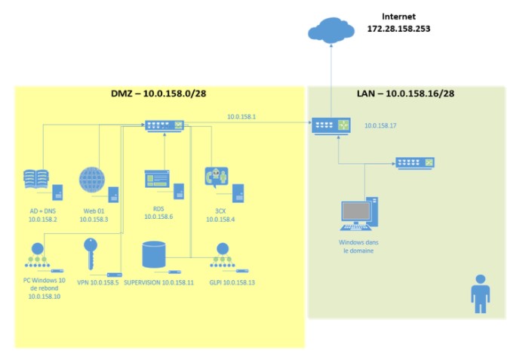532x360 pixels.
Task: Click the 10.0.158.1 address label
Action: tap(241, 117)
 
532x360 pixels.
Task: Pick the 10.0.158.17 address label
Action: tap(380, 126)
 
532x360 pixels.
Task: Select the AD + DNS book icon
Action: tap(36, 180)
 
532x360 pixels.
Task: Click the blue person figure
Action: tap(480, 294)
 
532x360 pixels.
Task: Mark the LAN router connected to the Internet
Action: tap(332, 127)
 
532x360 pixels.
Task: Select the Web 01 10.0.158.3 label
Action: tap(94, 214)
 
